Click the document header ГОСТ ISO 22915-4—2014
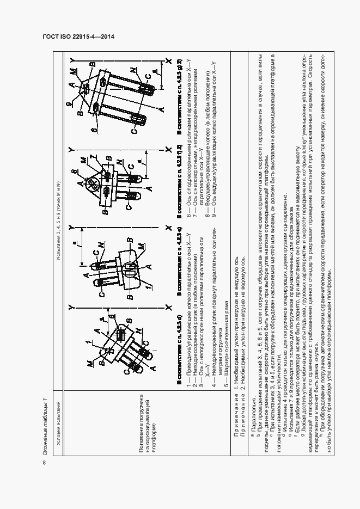tap(78, 37)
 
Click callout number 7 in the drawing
tap(97, 158)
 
